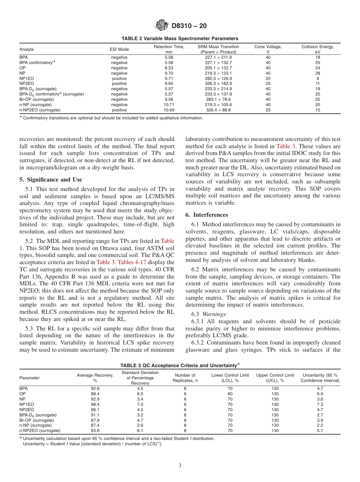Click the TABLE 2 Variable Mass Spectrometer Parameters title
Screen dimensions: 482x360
point(180,38)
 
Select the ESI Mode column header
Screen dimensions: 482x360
point(119,49)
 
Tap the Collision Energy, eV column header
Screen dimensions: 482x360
point(317,49)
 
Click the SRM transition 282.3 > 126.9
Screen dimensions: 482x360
point(218,78)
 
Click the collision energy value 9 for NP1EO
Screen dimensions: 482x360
point(318,78)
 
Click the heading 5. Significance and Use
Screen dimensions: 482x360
point(50,180)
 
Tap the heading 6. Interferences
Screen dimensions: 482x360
point(207,215)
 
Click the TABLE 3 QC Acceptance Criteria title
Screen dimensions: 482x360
point(180,365)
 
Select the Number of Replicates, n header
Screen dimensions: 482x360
point(185,378)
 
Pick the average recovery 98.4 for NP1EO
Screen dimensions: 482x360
point(95,404)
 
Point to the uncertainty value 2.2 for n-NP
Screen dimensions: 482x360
point(319,426)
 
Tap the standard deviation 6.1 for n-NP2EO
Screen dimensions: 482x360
point(140,431)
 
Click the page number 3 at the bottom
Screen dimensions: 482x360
point(180,466)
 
